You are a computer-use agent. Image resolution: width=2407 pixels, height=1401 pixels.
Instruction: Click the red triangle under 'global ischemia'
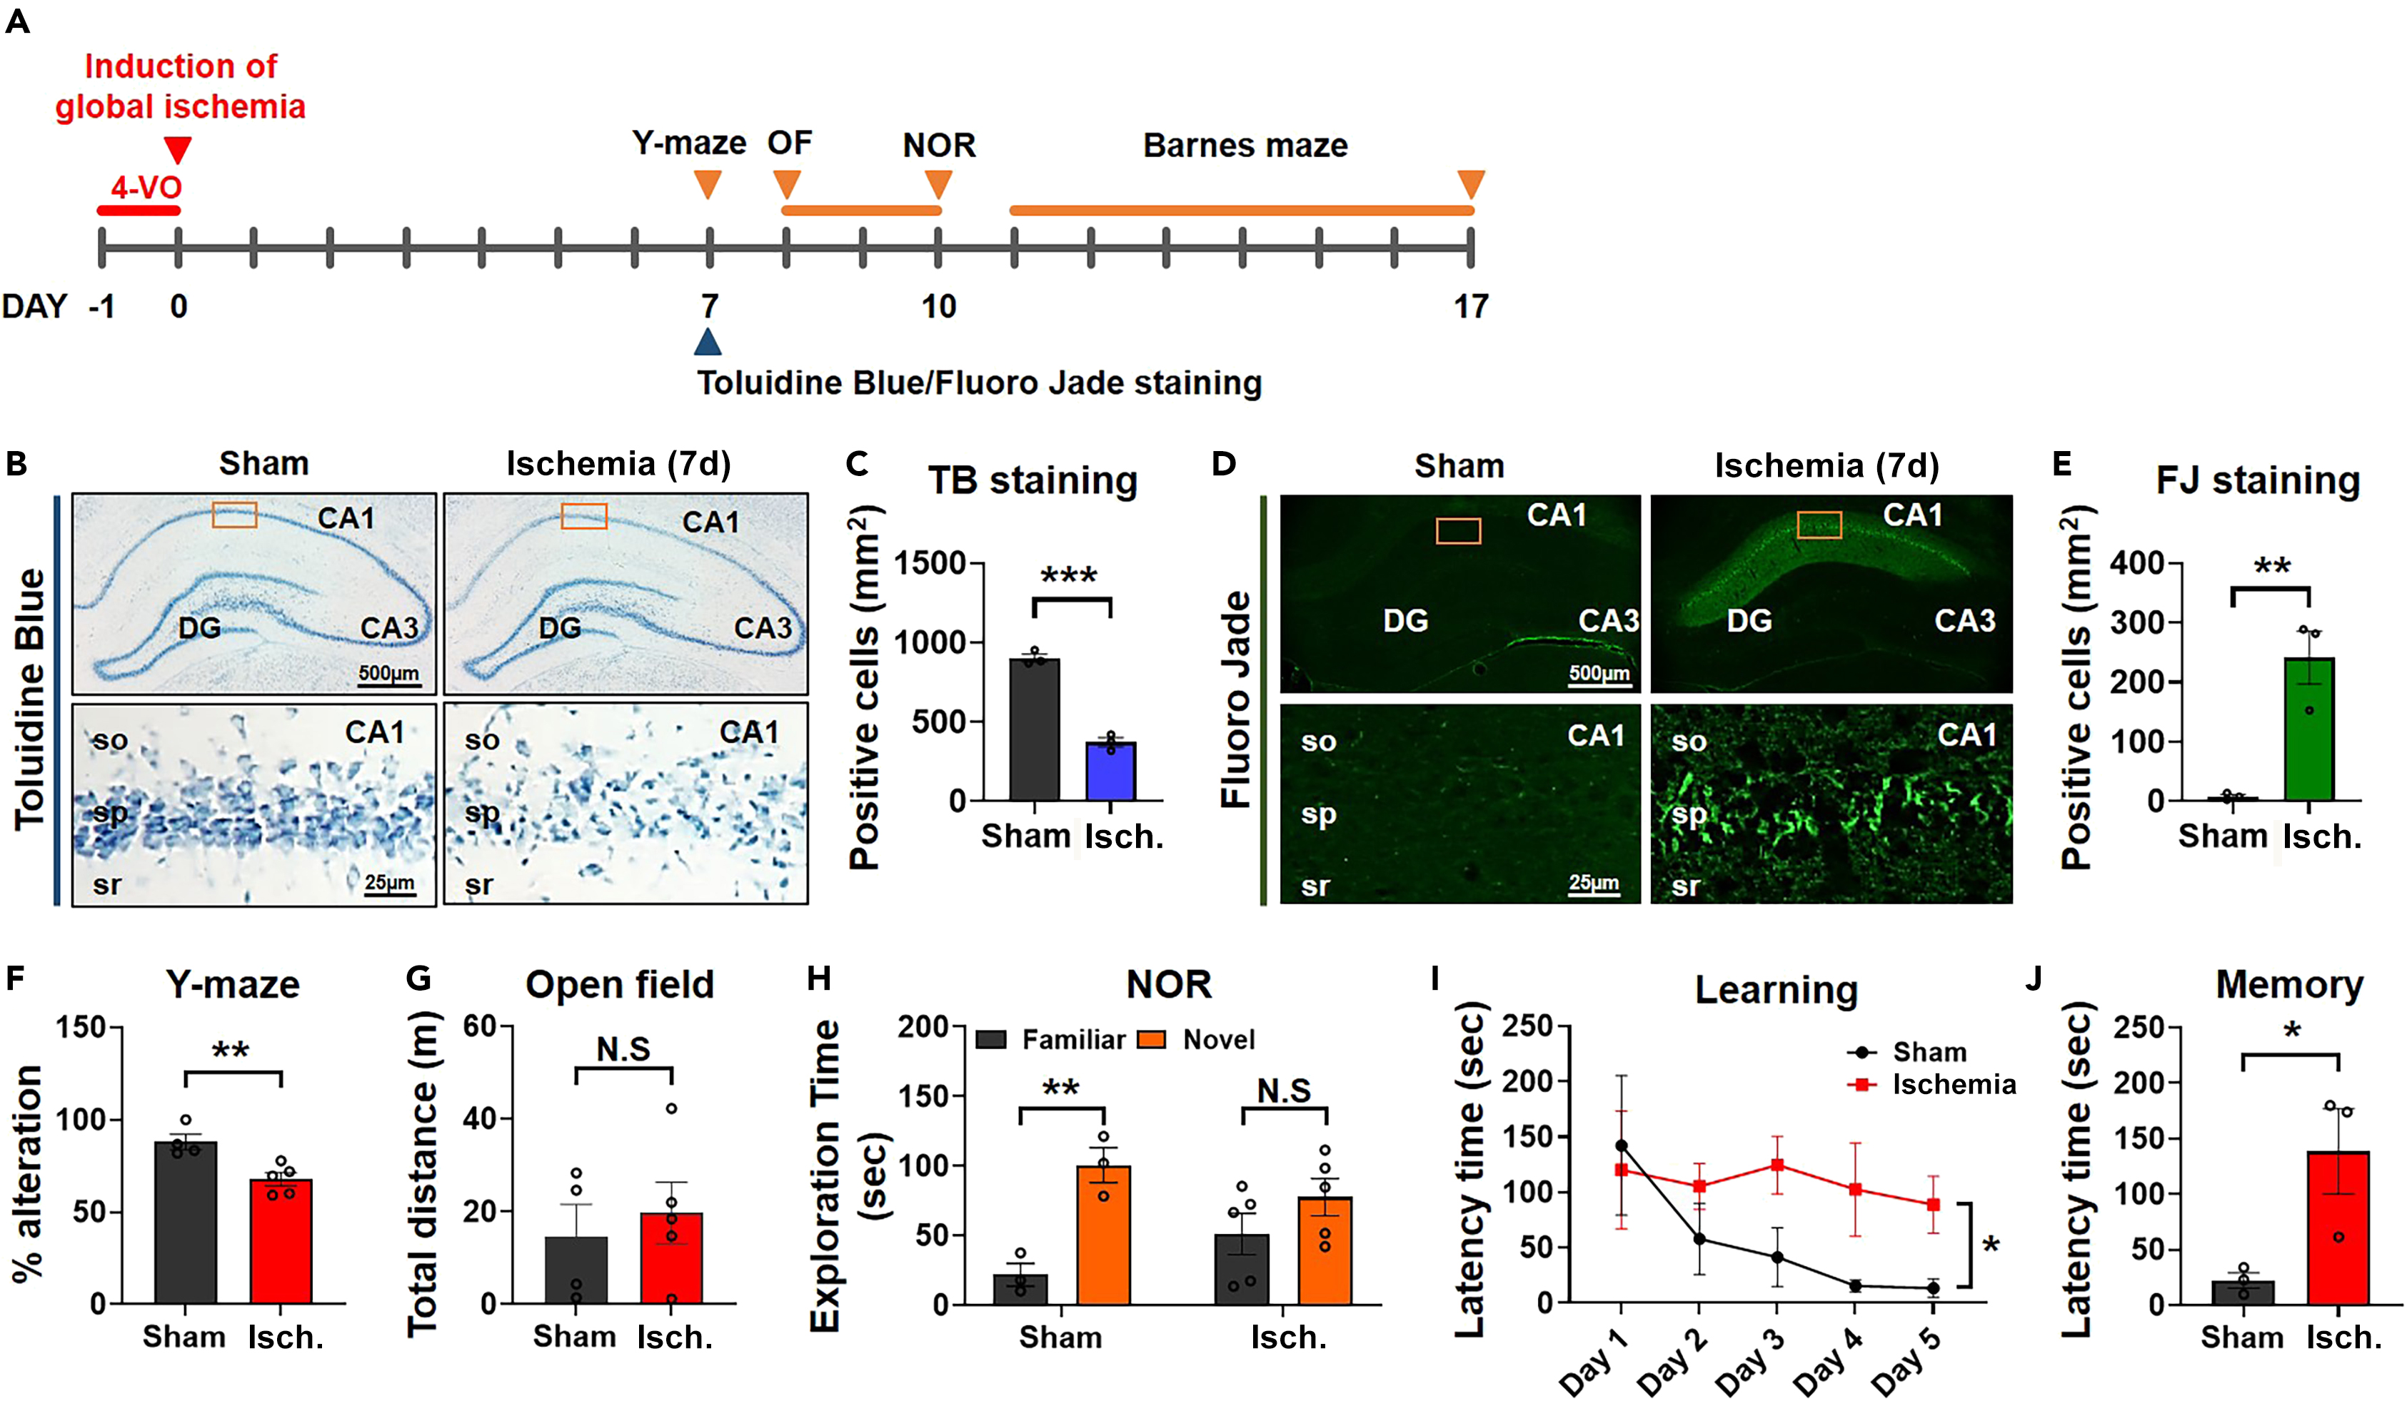click(178, 150)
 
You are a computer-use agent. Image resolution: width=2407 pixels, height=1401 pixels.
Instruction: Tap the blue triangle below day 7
click(708, 343)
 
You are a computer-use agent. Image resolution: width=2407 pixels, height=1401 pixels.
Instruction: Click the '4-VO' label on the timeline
click(146, 186)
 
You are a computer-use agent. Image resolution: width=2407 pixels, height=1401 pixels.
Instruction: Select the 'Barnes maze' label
click(1245, 145)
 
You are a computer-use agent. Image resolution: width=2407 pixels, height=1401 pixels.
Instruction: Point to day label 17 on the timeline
click(1470, 307)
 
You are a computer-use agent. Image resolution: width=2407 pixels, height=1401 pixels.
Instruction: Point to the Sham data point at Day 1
click(1621, 1145)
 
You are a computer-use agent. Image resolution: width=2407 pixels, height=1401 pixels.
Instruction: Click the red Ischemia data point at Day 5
click(1934, 1204)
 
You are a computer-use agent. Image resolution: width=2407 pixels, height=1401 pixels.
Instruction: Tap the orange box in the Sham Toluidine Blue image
click(234, 515)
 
